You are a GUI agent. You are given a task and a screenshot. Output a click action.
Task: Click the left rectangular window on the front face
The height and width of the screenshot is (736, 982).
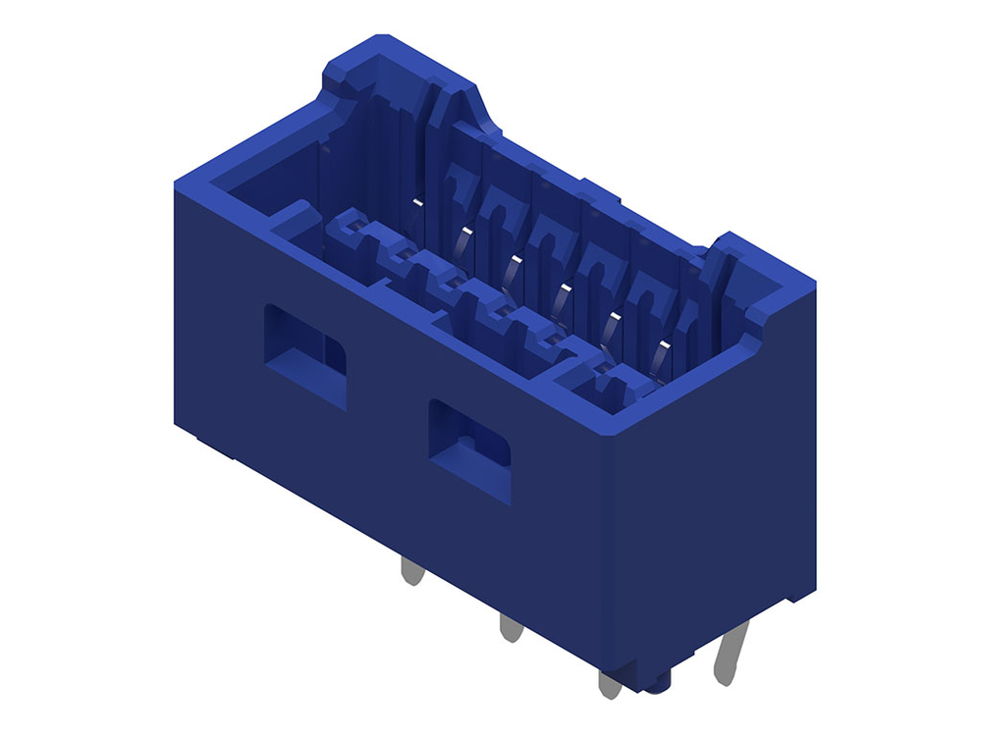304,355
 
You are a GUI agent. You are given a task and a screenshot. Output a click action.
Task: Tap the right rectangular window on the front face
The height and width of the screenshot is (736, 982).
469,449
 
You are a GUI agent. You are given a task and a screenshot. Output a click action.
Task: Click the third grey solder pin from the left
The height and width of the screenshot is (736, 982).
610,682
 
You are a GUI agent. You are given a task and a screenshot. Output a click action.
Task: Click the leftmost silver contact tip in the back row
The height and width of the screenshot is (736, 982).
417,203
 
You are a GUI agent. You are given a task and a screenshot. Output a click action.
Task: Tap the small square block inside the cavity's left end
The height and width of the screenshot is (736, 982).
295,218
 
